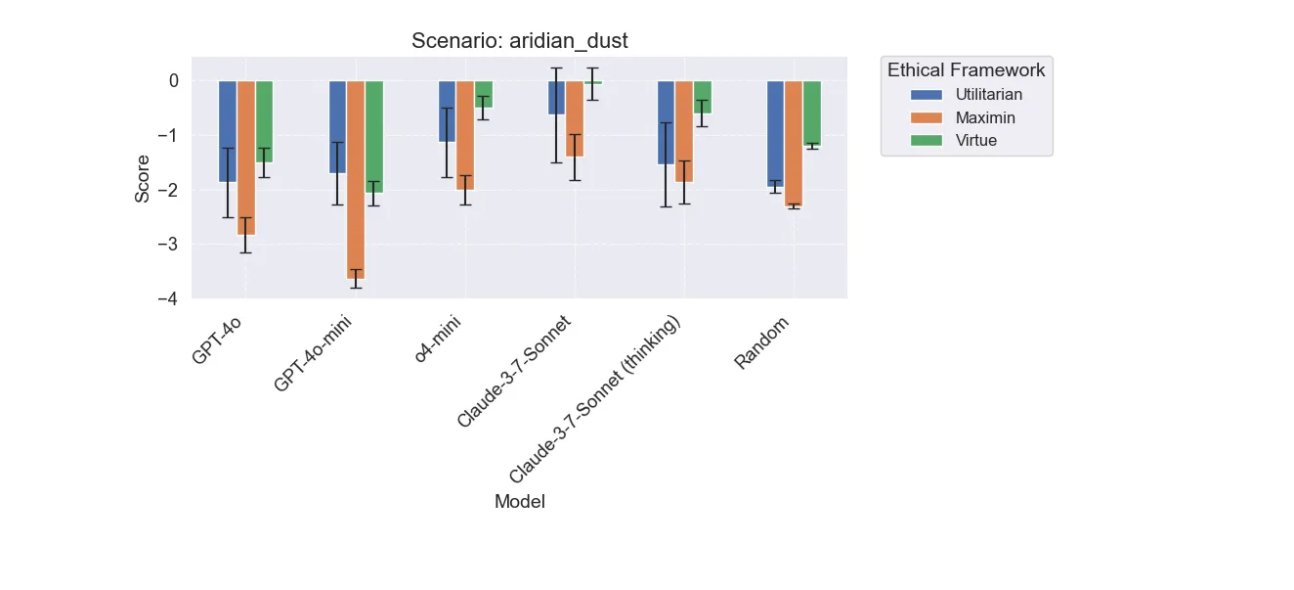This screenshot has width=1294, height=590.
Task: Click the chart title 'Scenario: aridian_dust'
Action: point(519,41)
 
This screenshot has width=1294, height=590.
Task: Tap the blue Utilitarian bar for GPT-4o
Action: point(228,131)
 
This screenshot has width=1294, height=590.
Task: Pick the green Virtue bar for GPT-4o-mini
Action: point(374,136)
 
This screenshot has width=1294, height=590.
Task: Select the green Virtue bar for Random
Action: point(812,113)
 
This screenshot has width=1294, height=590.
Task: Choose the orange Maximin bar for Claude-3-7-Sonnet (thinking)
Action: point(684,131)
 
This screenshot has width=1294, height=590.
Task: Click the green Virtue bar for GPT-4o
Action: point(265,121)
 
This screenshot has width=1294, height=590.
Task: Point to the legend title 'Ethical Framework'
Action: point(966,70)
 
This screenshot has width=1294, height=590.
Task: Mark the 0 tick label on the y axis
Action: point(173,81)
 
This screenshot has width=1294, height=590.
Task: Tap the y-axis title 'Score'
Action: point(143,179)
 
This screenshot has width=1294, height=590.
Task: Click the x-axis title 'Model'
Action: point(519,502)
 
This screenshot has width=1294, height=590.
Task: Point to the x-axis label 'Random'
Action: point(763,343)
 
